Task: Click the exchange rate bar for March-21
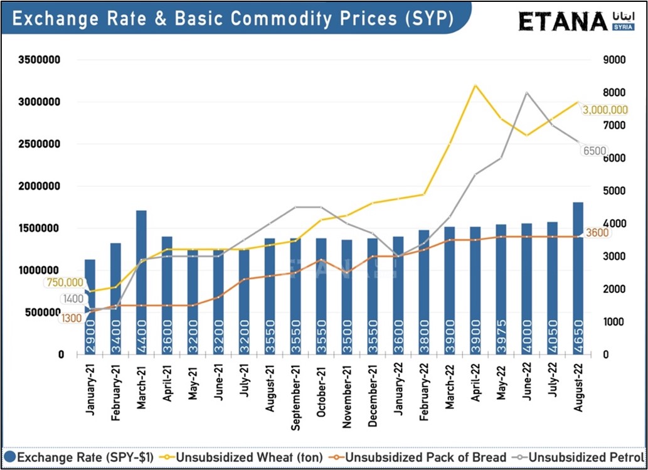[x=141, y=282]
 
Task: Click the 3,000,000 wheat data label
[x=605, y=110]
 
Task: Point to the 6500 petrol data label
[x=595, y=151]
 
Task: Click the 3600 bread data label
[x=598, y=233]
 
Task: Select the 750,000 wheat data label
[x=65, y=283]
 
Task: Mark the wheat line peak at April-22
[x=475, y=85]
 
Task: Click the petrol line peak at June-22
[x=526, y=93]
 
